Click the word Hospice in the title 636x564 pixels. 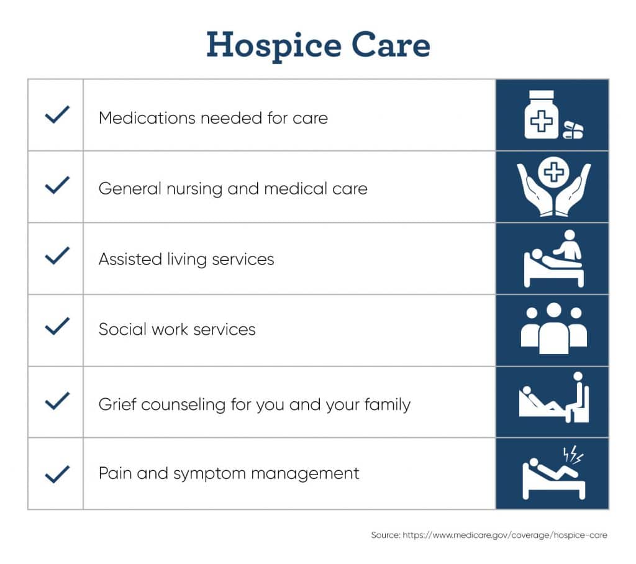coord(274,46)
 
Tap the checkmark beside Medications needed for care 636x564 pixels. coord(57,114)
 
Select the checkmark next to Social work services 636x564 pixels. coord(57,326)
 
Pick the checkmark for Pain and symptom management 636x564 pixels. coord(57,474)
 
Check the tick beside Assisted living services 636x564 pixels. coord(57,256)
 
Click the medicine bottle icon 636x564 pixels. coord(541,114)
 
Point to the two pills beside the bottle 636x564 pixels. coord(573,130)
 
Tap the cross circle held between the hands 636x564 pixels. coord(553,172)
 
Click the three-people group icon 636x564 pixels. coord(553,329)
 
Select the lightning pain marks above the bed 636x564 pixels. coord(573,455)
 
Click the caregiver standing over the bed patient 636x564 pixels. coord(568,245)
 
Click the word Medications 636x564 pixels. coord(147,118)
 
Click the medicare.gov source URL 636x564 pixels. coord(505,535)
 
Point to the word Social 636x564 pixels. coord(122,329)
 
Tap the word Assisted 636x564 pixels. coord(130,259)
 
